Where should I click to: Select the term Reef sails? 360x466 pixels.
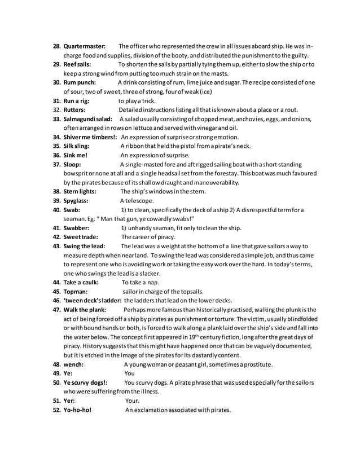click(x=77, y=64)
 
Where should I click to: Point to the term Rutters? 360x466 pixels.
click(x=73, y=109)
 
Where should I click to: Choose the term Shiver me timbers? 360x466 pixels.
click(x=90, y=137)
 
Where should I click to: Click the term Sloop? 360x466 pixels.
click(x=72, y=164)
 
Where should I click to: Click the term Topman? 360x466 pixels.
click(x=75, y=292)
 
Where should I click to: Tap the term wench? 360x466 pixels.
click(x=73, y=364)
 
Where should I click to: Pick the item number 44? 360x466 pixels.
click(x=56, y=282)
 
